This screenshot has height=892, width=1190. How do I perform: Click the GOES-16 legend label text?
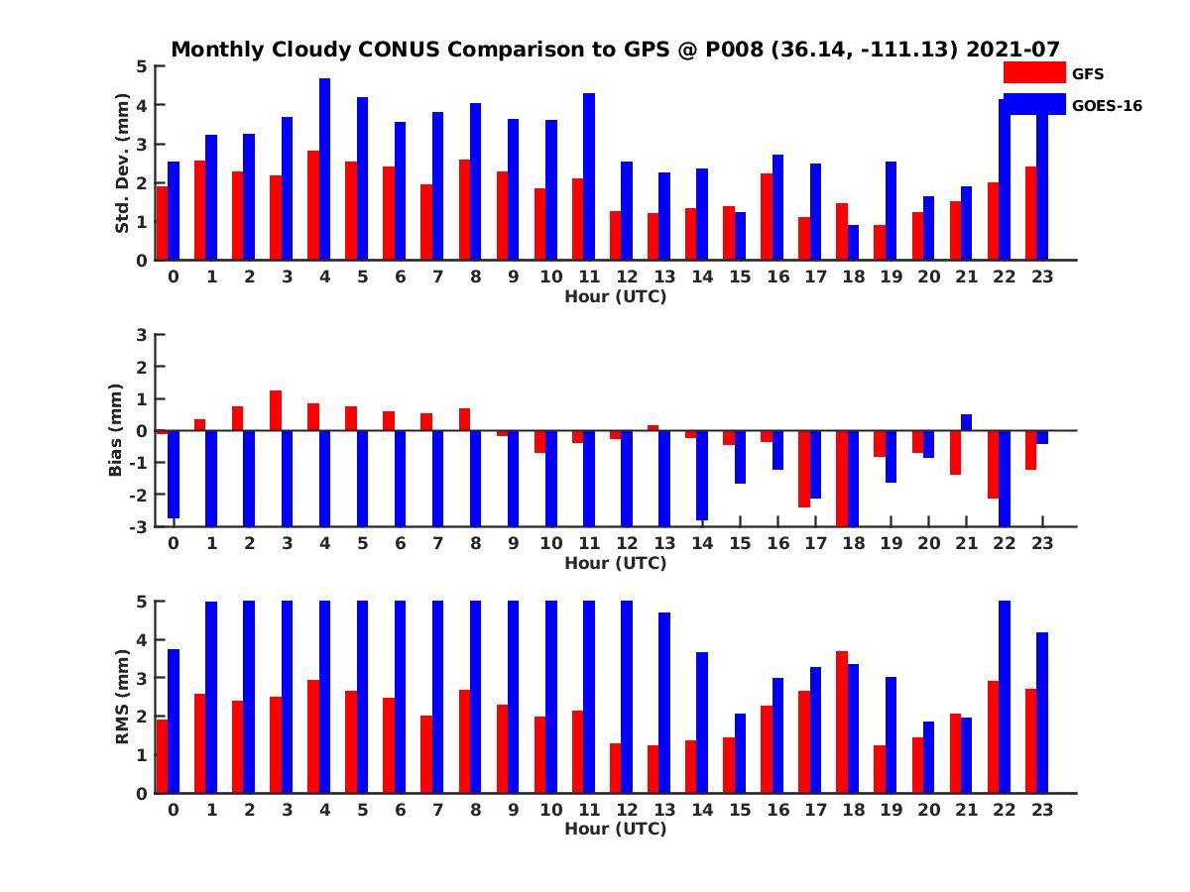pos(1108,106)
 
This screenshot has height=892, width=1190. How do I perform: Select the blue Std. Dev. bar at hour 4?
pos(324,169)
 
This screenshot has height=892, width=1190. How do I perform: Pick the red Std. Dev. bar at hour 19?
pos(880,243)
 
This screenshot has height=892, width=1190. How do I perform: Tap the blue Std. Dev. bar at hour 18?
pos(854,243)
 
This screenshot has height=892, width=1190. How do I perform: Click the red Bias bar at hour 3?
pos(276,410)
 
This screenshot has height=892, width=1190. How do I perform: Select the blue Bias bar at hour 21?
pos(966,422)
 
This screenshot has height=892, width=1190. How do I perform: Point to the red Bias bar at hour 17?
pos(804,469)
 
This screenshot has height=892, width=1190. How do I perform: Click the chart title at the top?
pos(616,49)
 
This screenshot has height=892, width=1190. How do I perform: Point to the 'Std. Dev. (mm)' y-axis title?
pos(123,164)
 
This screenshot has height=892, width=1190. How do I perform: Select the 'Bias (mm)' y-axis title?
pos(116,431)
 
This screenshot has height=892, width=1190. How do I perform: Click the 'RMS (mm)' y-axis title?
pos(123,697)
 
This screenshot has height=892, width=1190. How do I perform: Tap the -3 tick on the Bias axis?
pos(140,526)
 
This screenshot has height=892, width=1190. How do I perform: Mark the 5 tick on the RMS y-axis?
pos(142,601)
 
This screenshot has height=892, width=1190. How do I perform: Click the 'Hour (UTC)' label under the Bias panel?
pos(615,563)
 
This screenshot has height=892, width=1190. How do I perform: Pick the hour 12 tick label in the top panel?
pos(627,278)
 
